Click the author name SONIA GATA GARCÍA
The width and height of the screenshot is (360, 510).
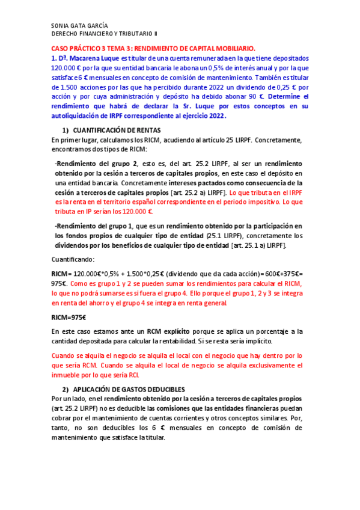(80, 26)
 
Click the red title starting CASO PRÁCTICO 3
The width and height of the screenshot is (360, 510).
(152, 49)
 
